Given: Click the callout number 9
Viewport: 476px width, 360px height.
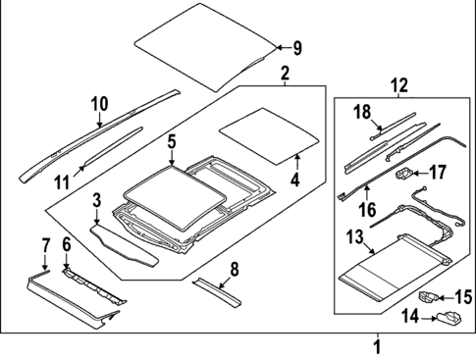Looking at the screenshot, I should point(298,47).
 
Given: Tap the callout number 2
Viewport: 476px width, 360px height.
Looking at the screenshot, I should point(285,75).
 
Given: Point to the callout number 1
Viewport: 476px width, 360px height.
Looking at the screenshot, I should point(376,345).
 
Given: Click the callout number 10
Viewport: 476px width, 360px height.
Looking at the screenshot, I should point(99,104).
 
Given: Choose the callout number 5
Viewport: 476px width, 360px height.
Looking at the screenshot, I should point(171,142).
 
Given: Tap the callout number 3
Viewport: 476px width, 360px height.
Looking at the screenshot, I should point(97,201).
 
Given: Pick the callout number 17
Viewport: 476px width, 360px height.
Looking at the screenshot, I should point(439,172).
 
